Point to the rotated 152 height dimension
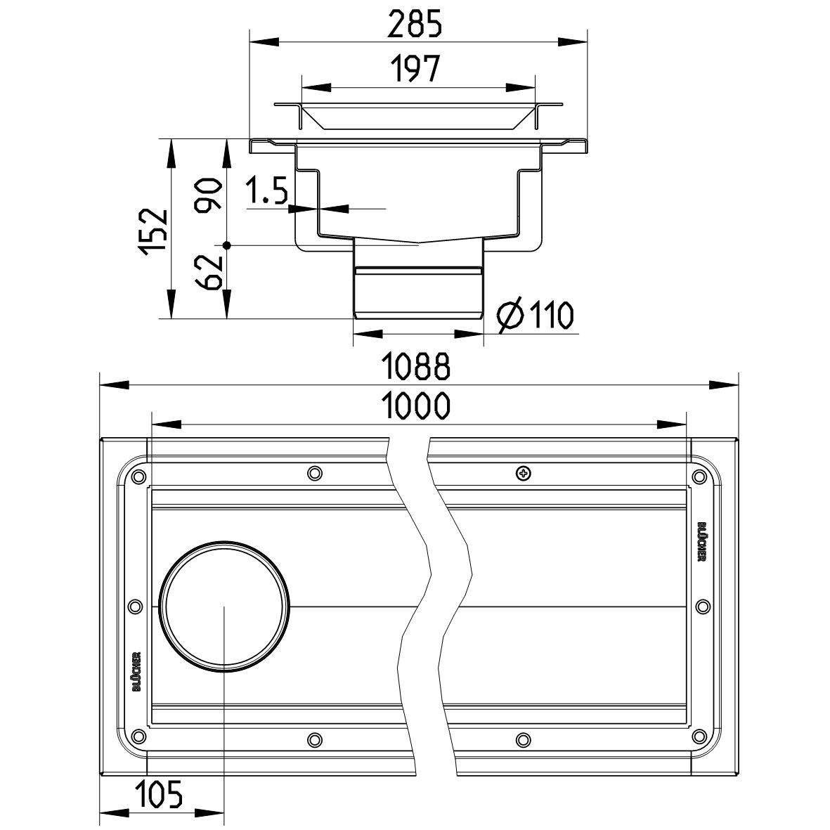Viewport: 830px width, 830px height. [x=153, y=230]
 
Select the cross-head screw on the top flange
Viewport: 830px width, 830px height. [x=522, y=472]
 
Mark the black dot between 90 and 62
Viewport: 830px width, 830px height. [x=226, y=245]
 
